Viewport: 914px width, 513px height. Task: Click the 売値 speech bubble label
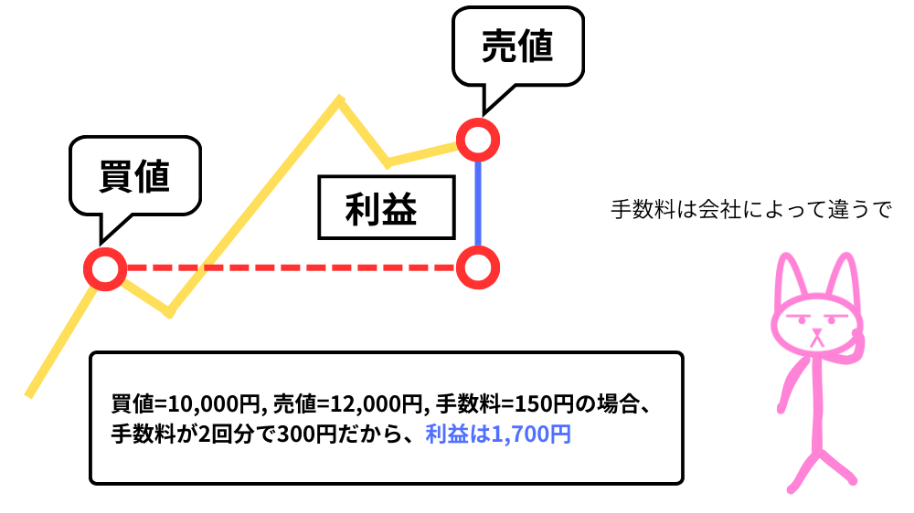517,47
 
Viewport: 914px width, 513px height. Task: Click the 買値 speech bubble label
134,175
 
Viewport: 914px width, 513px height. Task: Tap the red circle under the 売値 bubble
478,140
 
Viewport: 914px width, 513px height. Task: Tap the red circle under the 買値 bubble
104,268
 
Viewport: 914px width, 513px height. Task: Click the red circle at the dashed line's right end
478,267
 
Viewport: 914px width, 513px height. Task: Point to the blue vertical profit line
478,204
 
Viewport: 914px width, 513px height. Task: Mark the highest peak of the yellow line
340,98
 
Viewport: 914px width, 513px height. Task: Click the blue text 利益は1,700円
497,434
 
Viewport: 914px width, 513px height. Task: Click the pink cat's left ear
788,277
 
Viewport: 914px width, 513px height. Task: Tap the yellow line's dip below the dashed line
169,313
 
